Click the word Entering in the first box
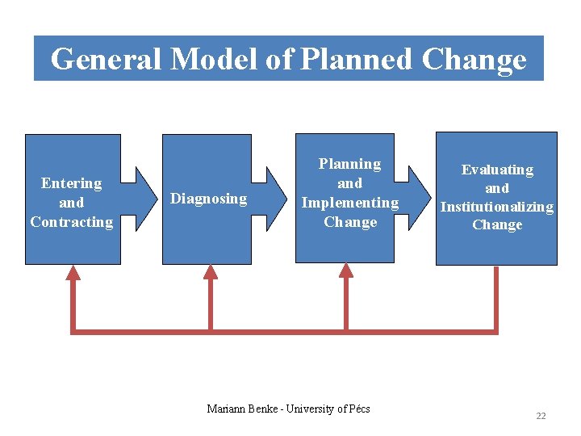pyautogui.click(x=72, y=183)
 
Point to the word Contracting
pyautogui.click(x=72, y=222)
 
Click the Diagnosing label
pyautogui.click(x=208, y=199)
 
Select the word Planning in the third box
pyautogui.click(x=349, y=164)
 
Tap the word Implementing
pyautogui.click(x=349, y=203)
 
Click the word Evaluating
pyautogui.click(x=497, y=170)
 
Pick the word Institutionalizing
pyautogui.click(x=497, y=208)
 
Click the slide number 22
pyautogui.click(x=541, y=416)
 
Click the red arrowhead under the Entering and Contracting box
pyautogui.click(x=73, y=273)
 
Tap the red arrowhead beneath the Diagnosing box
pyautogui.click(x=211, y=273)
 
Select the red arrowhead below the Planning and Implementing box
pyautogui.click(x=346, y=273)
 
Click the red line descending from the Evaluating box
pyautogui.click(x=495, y=299)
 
